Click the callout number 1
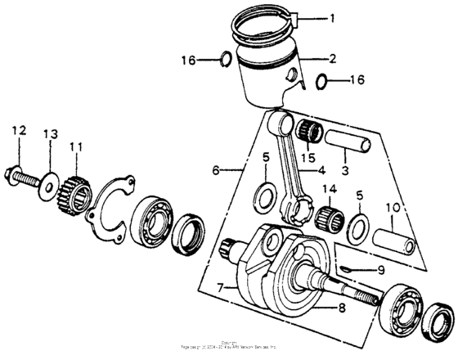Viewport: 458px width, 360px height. point(334,17)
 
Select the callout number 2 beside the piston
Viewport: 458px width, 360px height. point(334,59)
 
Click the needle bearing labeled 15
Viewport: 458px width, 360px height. point(310,131)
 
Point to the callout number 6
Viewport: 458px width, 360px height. point(216,171)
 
